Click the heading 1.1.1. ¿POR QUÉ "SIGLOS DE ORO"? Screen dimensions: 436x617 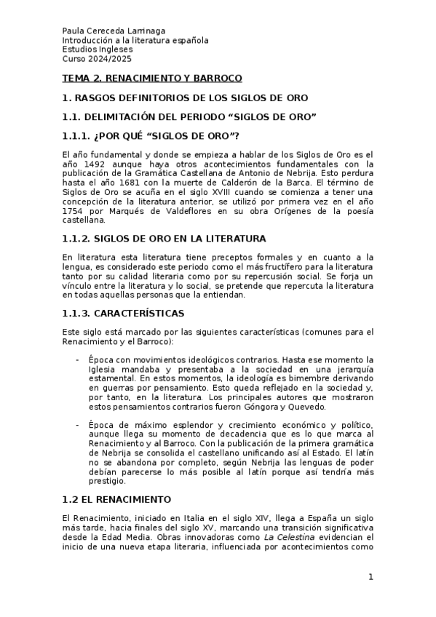coord(151,136)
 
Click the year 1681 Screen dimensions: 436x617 coord(128,183)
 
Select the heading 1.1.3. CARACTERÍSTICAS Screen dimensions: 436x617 coord(124,313)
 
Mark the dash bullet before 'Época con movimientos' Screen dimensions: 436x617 coord(78,360)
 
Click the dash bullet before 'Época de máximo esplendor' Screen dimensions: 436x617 coord(78,423)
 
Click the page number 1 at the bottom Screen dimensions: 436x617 coord(370,577)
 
